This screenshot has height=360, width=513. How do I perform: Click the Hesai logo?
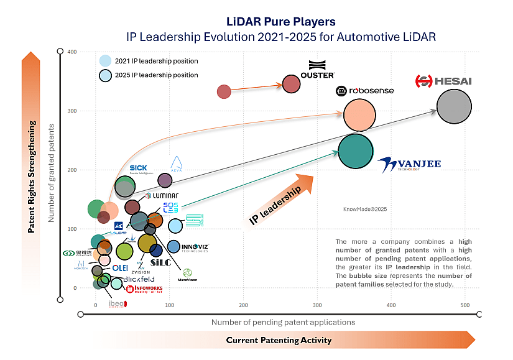(443, 81)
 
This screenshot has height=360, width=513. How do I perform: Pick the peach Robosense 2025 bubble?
(359, 115)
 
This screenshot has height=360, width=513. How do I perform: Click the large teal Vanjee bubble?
(355, 151)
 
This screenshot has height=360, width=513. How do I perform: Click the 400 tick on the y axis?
(72, 52)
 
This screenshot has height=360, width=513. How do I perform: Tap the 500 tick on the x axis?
(466, 305)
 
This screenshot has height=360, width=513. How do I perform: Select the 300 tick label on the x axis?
(318, 305)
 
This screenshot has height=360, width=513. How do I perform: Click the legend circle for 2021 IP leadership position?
(106, 61)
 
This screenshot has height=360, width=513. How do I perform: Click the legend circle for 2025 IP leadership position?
(106, 75)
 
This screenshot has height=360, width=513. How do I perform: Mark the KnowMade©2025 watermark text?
(365, 210)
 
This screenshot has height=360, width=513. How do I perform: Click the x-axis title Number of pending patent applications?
(283, 322)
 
